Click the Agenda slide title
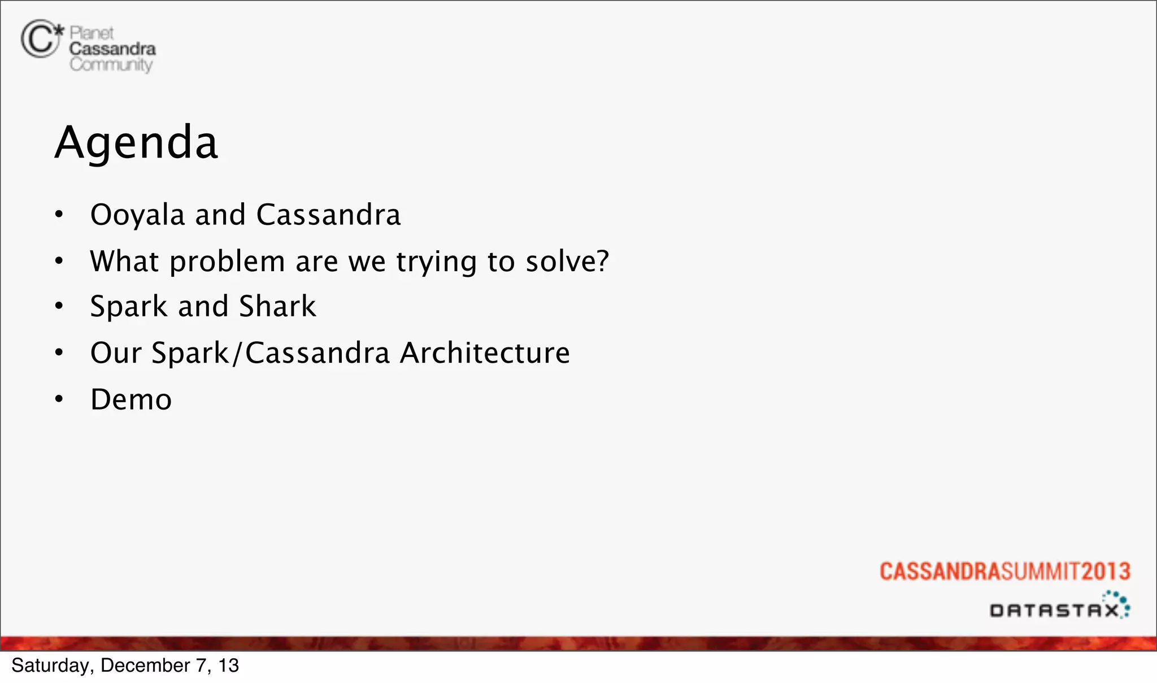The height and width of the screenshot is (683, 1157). [136, 142]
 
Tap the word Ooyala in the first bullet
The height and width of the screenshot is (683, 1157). [138, 215]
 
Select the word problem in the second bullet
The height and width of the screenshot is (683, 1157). [227, 262]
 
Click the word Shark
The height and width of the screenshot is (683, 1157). [277, 307]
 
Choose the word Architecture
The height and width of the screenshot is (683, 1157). [485, 353]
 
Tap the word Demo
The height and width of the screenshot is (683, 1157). [131, 400]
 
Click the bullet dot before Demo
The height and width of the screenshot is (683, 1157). [59, 399]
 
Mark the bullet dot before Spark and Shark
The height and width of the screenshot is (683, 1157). [59, 306]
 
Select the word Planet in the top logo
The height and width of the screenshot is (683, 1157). [92, 33]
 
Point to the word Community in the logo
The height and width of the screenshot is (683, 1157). [111, 64]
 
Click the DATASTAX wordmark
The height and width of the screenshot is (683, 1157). [1054, 611]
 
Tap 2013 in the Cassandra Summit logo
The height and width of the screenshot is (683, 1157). [1106, 571]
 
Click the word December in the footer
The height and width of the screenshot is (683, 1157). [145, 665]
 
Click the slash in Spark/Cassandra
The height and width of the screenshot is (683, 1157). [237, 353]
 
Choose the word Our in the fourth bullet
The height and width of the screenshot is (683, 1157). [116, 353]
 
